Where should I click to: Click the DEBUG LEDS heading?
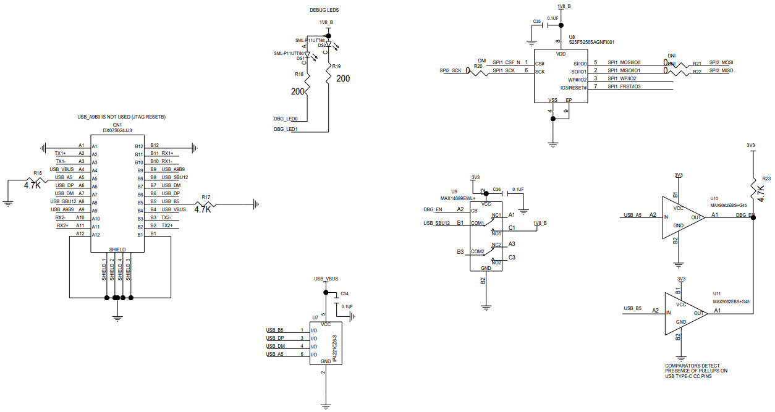[324, 11]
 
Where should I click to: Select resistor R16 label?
[38, 174]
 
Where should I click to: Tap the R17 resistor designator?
[206, 198]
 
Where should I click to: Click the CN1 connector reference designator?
[117, 124]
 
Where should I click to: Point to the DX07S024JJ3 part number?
[117, 130]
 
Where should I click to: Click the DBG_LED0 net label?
[286, 119]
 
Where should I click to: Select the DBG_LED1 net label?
[286, 130]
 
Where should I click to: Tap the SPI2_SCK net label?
[451, 71]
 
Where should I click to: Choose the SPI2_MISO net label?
[721, 71]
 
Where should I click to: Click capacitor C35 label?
[536, 21]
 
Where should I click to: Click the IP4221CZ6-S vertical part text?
[334, 350]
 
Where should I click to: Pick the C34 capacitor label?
[344, 293]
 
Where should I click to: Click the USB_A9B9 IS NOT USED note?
[121, 117]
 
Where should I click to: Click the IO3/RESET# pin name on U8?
[569, 87]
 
